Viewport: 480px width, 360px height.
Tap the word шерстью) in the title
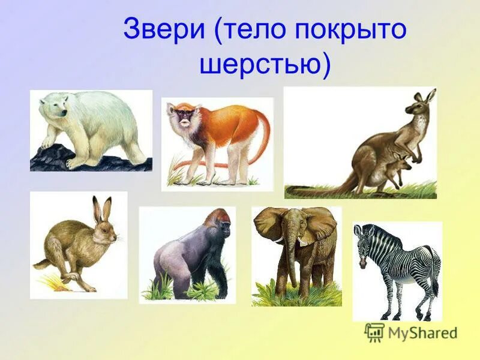pos(264,64)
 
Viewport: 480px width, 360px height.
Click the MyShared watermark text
pos(422,332)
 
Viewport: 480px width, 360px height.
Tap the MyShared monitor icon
pos(374,332)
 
